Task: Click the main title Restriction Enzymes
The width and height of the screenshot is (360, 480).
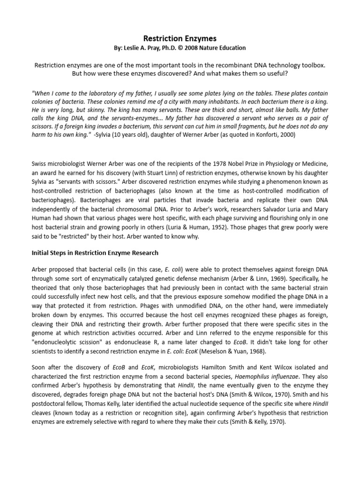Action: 180,38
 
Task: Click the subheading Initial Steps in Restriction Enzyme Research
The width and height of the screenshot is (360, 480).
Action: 95,253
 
